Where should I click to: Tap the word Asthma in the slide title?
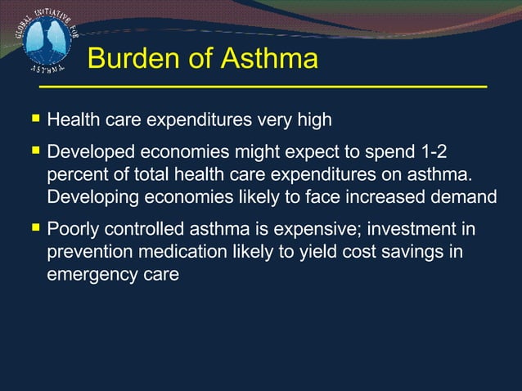[267, 60]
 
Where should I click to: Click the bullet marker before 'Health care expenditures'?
[36, 119]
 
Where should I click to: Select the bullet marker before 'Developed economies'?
[36, 152]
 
